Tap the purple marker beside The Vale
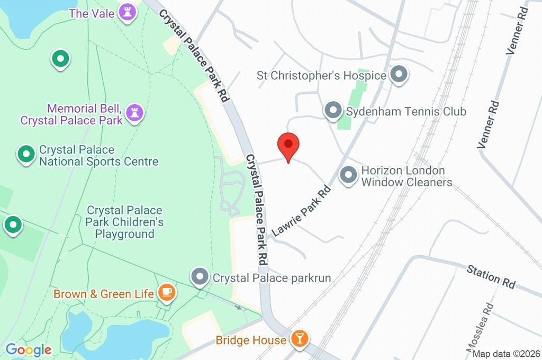click(127, 13)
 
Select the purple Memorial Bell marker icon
click(137, 113)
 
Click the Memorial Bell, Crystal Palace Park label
click(71, 115)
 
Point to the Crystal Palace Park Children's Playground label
click(124, 222)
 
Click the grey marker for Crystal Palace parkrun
click(200, 277)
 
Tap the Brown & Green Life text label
click(104, 293)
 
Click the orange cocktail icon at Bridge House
click(300, 339)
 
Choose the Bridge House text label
click(251, 340)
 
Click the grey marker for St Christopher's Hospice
click(399, 75)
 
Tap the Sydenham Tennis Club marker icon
click(333, 111)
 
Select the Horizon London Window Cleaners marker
click(348, 176)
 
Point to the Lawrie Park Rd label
click(301, 211)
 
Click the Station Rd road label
click(491, 277)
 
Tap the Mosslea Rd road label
click(481, 328)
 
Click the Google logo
click(29, 350)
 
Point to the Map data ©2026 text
click(505, 354)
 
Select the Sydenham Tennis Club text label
click(406, 112)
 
